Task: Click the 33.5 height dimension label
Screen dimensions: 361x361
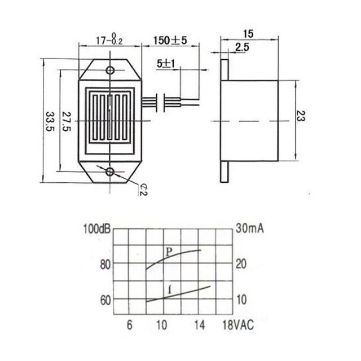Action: pos(50,121)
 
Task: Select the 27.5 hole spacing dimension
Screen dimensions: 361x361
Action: pos(67,121)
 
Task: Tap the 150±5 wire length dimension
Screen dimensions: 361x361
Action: pos(170,41)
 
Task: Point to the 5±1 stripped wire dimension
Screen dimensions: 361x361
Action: pos(166,64)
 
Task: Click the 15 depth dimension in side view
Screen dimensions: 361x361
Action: pos(248,34)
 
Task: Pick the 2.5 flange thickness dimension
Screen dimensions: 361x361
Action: pos(242,47)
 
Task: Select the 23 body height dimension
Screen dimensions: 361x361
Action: pos(301,116)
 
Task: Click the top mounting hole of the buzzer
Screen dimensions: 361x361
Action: pos(111,70)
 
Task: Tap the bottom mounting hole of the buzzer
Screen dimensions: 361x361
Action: pos(111,171)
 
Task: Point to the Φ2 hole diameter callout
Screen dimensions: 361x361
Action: pos(143,190)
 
